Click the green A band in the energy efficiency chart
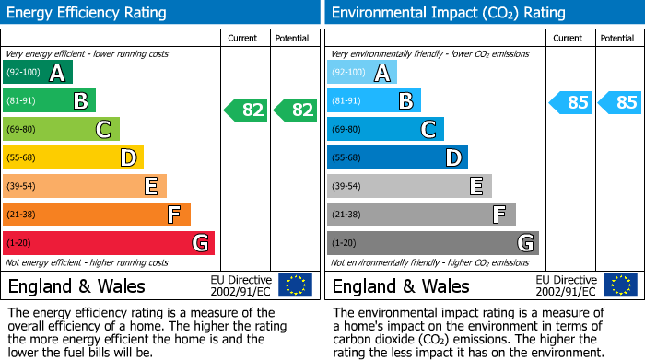pyautogui.click(x=38, y=73)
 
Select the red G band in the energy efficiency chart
pyautogui.click(x=109, y=243)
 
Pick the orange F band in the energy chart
pyautogui.click(x=97, y=215)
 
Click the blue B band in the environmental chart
pyautogui.click(x=374, y=101)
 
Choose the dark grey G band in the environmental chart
pyautogui.click(x=432, y=243)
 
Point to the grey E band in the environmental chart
pyautogui.click(x=409, y=187)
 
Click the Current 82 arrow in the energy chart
pyautogui.click(x=247, y=110)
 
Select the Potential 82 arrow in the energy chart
pyautogui.click(x=297, y=110)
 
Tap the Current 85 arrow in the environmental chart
pyautogui.click(x=571, y=102)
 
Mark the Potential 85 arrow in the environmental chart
pyautogui.click(x=621, y=102)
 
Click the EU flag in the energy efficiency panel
pyautogui.click(x=295, y=285)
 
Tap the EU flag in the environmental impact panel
pyautogui.click(x=619, y=285)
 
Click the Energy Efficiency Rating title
pyautogui.click(x=88, y=13)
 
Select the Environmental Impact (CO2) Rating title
pyautogui.click(x=448, y=13)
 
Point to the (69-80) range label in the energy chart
pyautogui.click(x=22, y=130)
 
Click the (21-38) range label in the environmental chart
pyautogui.click(x=346, y=215)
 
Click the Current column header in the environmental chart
pyautogui.click(x=568, y=38)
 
